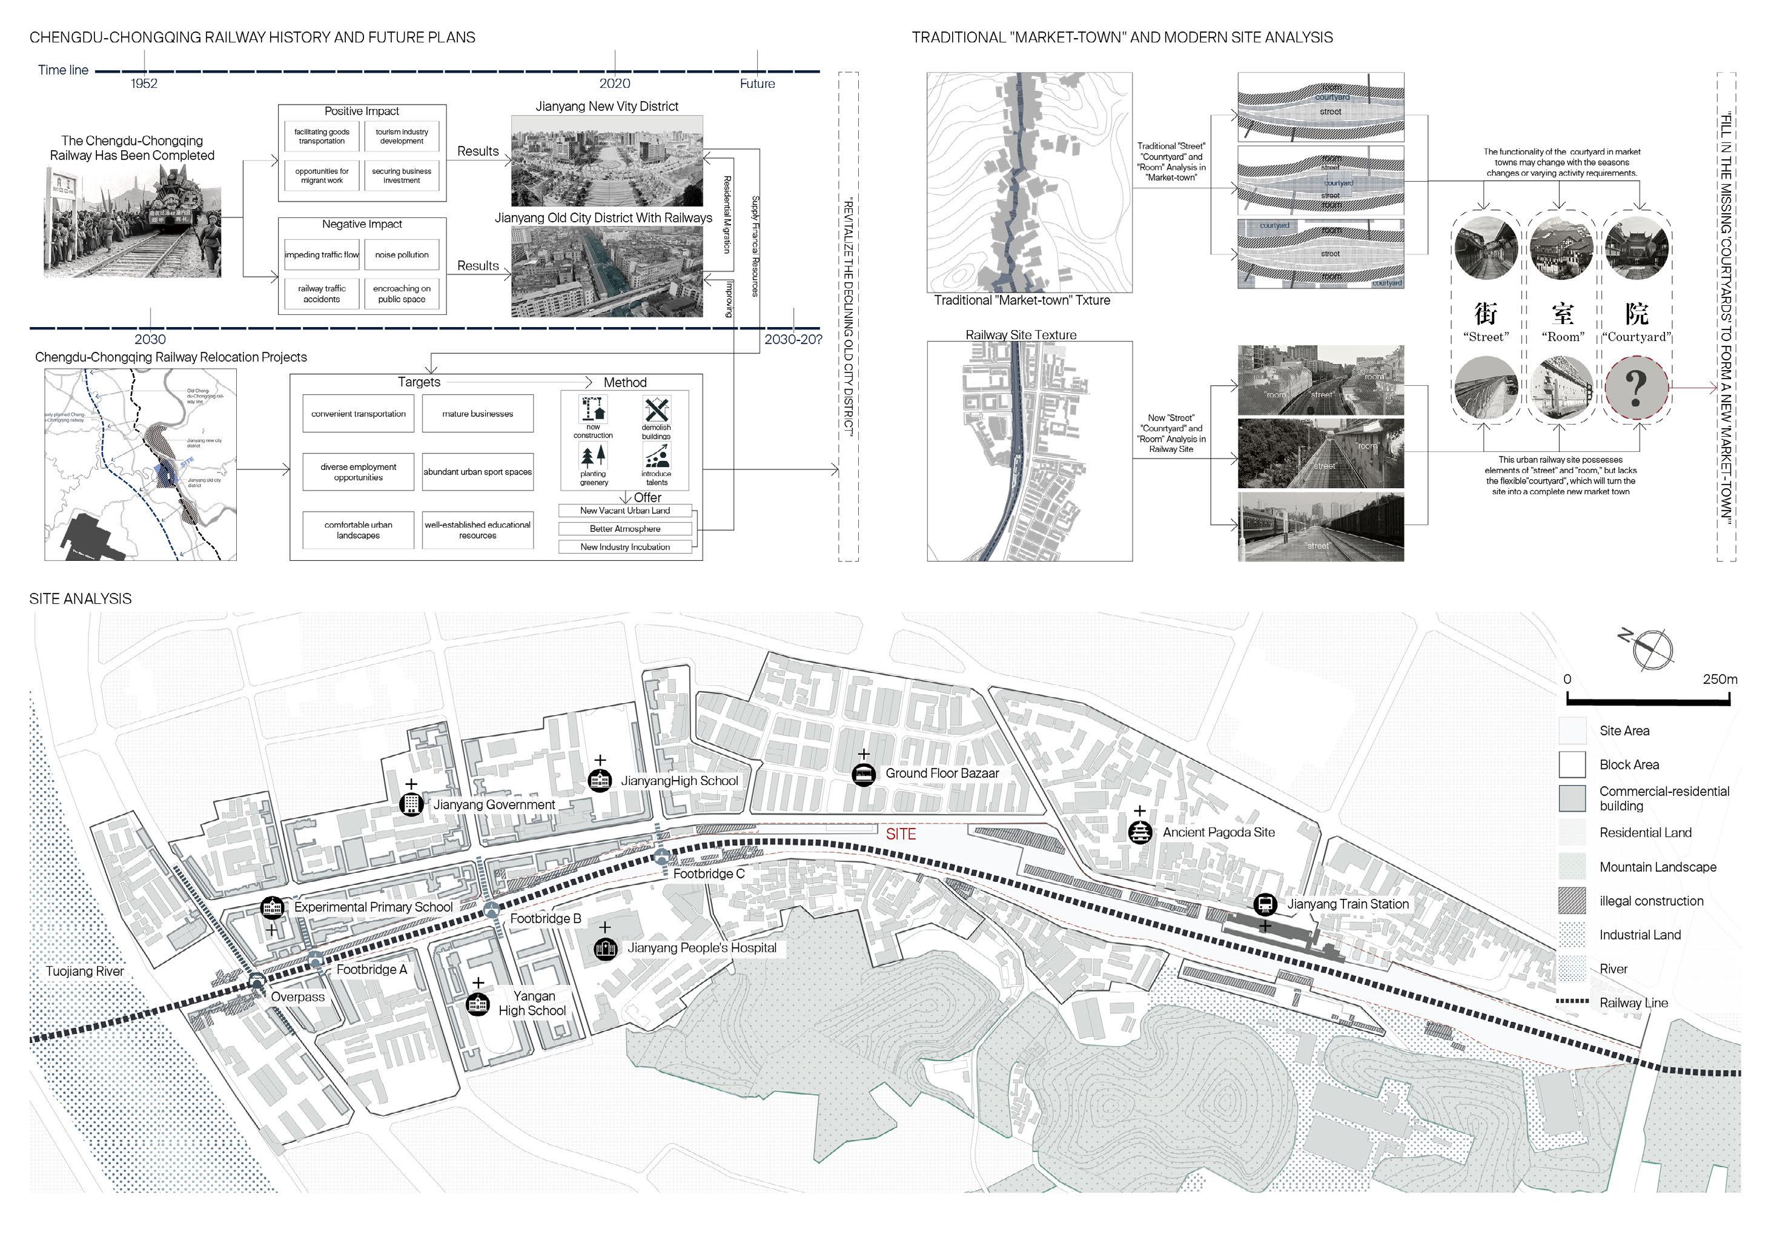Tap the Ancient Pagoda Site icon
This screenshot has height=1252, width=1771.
click(x=1139, y=832)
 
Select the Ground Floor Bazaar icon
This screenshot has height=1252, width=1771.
click(x=863, y=773)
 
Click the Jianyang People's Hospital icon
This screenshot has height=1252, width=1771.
click(x=606, y=948)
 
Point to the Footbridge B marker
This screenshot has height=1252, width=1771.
click(x=491, y=911)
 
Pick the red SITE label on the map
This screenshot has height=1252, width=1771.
click(x=900, y=835)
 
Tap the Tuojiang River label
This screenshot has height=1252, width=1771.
click(x=85, y=971)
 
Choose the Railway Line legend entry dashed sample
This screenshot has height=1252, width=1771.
click(x=1572, y=1003)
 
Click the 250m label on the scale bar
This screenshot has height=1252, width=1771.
click(x=1720, y=680)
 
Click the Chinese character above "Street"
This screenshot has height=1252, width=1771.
click(x=1486, y=313)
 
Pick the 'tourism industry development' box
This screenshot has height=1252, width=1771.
click(x=402, y=136)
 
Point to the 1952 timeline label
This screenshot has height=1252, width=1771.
click(x=144, y=84)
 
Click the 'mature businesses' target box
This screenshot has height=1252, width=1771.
click(x=477, y=414)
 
